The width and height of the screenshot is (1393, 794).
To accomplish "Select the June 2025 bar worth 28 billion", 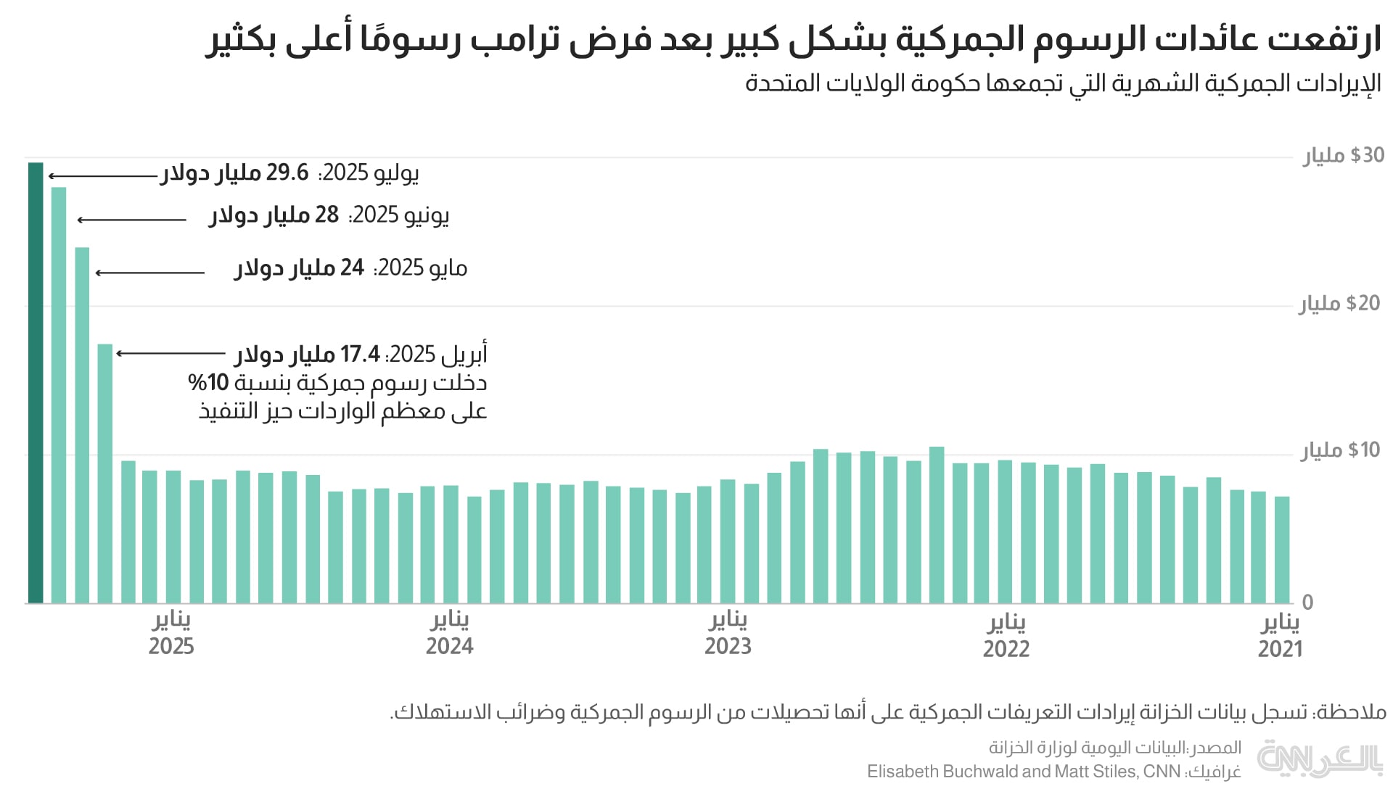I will (59, 395).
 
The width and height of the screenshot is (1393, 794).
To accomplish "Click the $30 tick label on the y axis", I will (1343, 155).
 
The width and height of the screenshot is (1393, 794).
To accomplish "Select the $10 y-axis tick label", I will (1341, 450).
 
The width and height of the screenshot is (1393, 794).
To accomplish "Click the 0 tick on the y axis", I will (1307, 602).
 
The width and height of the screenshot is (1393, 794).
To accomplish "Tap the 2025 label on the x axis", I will (171, 646).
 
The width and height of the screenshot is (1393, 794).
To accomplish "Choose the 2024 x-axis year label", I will (449, 646).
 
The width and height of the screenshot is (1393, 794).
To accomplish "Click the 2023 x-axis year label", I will (728, 646).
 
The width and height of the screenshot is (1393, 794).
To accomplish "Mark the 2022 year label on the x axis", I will (1006, 648).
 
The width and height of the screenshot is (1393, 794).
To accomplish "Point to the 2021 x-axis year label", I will (1280, 648).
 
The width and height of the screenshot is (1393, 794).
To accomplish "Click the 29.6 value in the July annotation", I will (287, 173).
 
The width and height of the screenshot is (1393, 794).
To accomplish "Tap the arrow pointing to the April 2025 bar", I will (170, 353).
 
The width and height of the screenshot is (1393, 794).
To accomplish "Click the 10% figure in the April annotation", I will (208, 382).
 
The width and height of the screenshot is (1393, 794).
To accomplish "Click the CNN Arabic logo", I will (1319, 758).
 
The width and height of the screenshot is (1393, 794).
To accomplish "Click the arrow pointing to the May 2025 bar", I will (150, 273).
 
